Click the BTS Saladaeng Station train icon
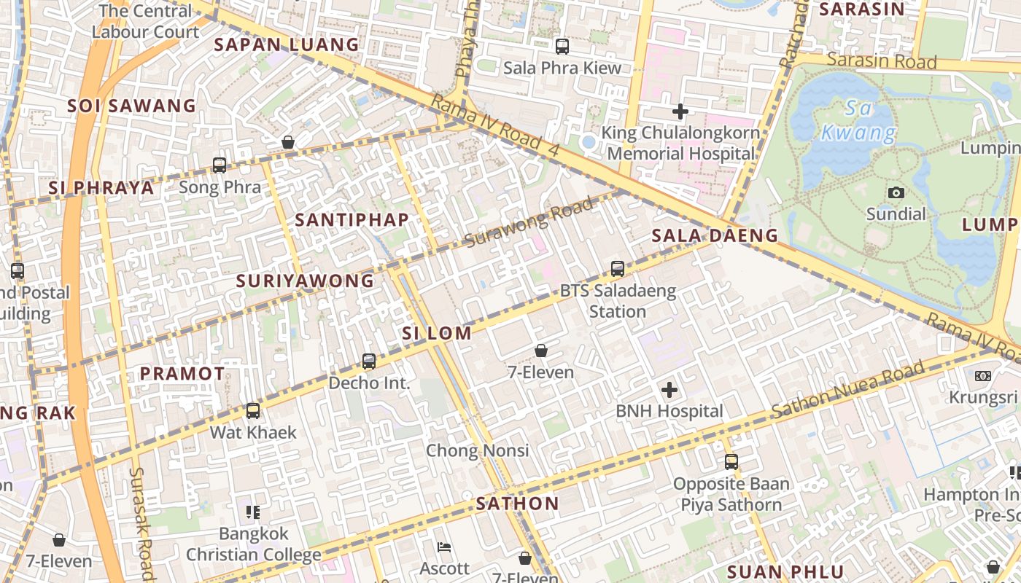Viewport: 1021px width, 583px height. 618,268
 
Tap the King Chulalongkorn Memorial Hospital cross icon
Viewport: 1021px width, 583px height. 680,111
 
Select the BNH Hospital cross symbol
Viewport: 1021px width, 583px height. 669,389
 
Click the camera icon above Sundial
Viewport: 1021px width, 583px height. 896,192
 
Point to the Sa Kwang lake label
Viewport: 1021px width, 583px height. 858,122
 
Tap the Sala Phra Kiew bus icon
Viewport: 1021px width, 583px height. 562,47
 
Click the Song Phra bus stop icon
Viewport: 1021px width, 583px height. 220,165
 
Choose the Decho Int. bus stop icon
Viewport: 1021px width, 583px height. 369,361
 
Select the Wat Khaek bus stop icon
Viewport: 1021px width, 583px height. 253,410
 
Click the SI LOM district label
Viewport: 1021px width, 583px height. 437,334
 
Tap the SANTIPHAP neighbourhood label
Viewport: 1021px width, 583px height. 352,219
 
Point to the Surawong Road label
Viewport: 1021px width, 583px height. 529,222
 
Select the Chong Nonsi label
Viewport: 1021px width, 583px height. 477,450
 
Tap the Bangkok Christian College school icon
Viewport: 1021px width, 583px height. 253,512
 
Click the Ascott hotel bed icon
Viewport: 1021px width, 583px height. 443,547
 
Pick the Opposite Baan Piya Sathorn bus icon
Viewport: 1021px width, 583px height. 731,461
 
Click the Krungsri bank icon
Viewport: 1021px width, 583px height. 982,376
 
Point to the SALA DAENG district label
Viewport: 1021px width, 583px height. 715,235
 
